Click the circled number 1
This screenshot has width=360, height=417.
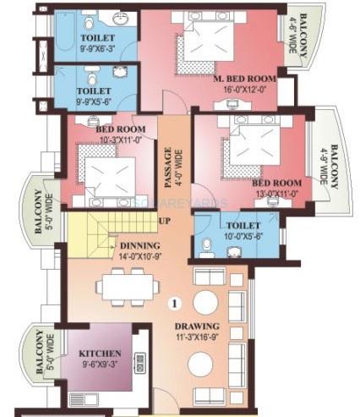pos(174,302)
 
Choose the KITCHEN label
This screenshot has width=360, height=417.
pos(100,353)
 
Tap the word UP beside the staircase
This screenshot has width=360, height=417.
pos(164,221)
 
